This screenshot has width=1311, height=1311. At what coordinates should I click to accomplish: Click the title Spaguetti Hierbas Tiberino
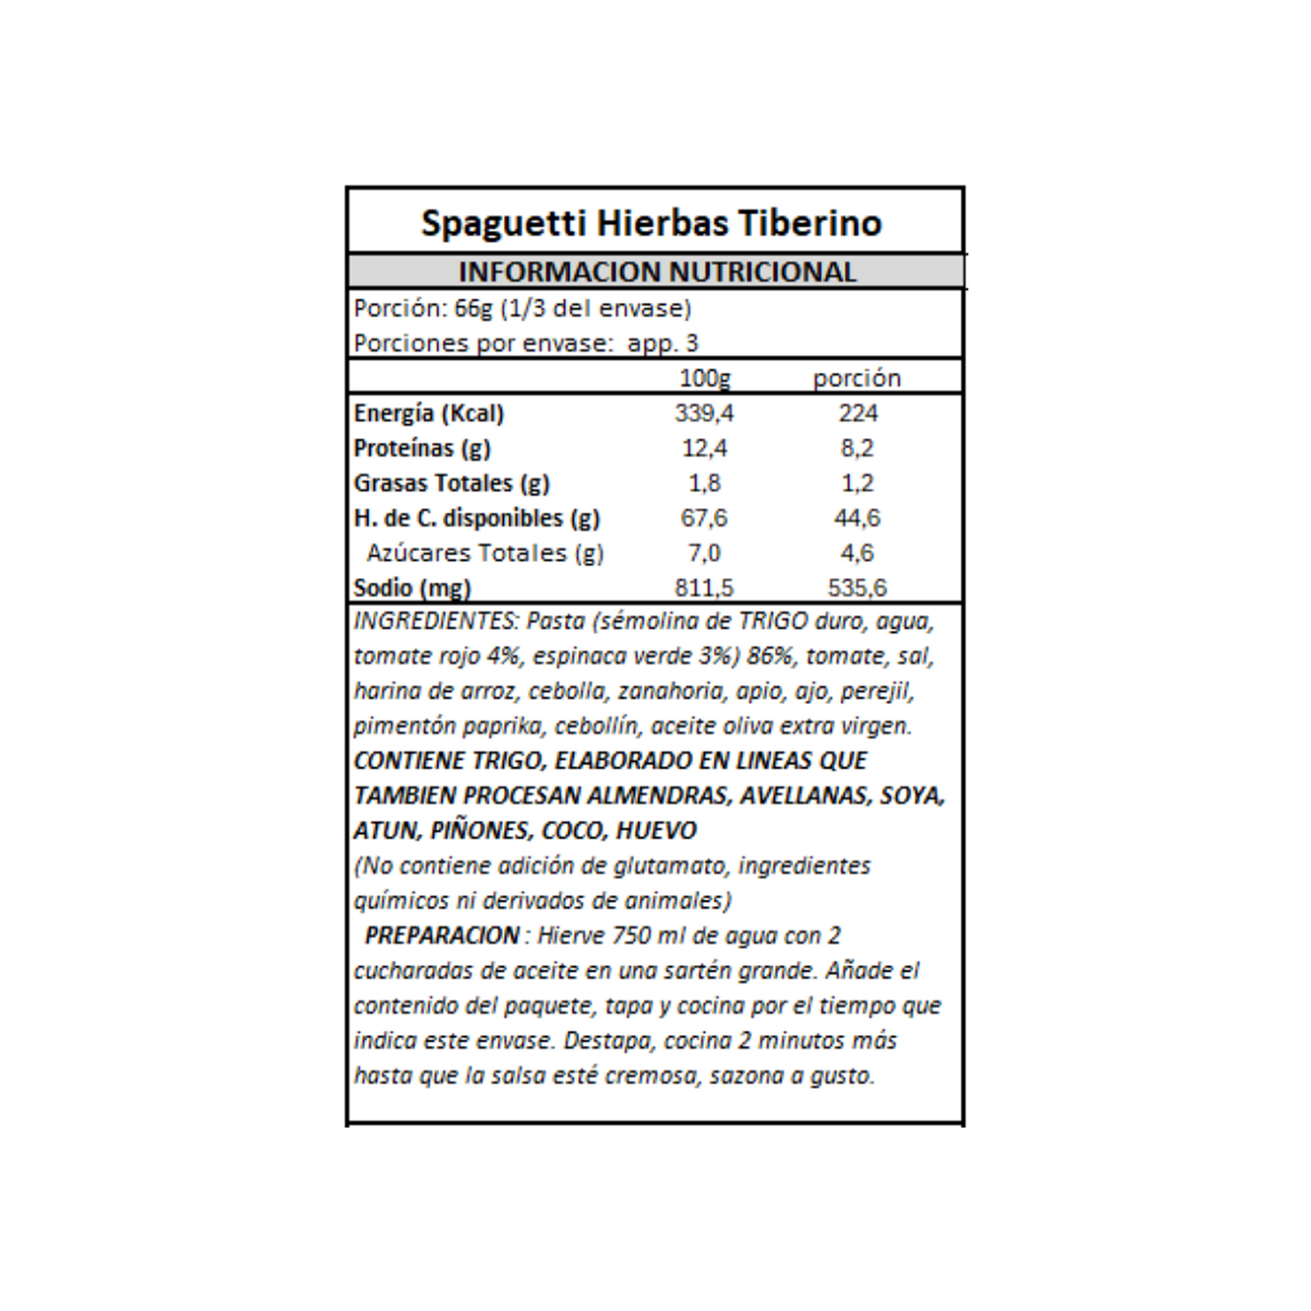pos(651,223)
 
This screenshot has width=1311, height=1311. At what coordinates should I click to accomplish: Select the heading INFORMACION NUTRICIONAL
pos(657,272)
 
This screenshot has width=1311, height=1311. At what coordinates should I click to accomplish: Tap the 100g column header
pos(705,378)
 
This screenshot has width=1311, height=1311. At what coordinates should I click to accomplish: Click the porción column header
pos(856,378)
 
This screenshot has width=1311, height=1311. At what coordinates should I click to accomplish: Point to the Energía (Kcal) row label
pos(428,414)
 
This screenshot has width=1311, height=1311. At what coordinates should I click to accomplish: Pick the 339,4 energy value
pos(704,414)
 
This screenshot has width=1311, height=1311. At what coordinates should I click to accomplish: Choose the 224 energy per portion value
pos(857,414)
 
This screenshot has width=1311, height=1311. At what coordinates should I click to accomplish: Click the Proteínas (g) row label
pos(422,448)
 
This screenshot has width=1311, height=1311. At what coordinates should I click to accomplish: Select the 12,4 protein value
pos(704,448)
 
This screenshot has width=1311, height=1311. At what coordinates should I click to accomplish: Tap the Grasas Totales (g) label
pos(451,484)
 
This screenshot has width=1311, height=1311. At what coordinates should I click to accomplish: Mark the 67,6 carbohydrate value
pos(704,518)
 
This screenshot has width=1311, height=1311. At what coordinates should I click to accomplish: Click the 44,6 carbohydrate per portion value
pos(857,518)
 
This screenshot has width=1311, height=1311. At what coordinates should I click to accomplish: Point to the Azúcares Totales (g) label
pos(484,553)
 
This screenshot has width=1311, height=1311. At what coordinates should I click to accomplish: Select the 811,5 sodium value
pos(704,588)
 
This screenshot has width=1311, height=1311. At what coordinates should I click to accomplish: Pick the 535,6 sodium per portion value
pos(857,588)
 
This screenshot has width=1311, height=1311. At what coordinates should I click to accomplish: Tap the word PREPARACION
pos(442,935)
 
